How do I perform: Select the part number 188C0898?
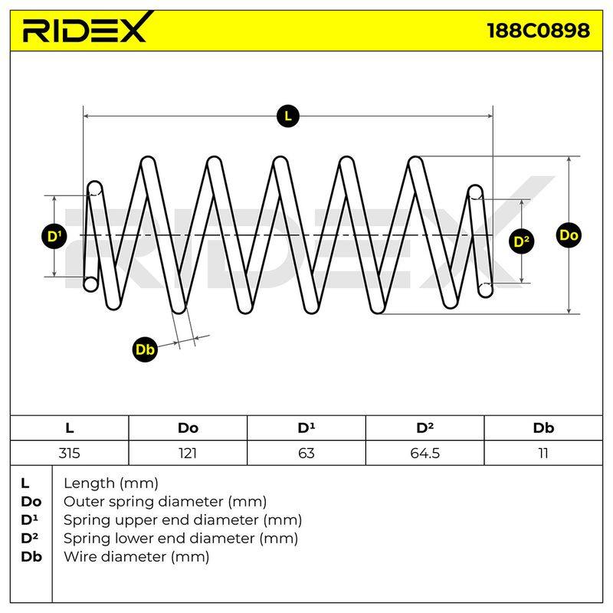[x=539, y=31]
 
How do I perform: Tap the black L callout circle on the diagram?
[x=288, y=116]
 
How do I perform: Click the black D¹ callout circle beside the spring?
[x=54, y=236]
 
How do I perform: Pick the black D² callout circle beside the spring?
[x=522, y=241]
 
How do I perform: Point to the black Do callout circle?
[x=569, y=235]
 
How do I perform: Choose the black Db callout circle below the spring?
[x=145, y=349]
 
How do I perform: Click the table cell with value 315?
[x=69, y=453]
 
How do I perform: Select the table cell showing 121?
[x=188, y=453]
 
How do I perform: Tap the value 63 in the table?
[x=306, y=453]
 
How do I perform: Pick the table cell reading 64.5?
[x=425, y=453]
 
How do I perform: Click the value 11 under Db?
[x=543, y=453]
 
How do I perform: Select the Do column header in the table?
[x=188, y=428]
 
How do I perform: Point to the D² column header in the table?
[x=425, y=428]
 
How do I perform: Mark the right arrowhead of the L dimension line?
[x=490, y=116]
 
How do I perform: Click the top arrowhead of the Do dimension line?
[x=569, y=159]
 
